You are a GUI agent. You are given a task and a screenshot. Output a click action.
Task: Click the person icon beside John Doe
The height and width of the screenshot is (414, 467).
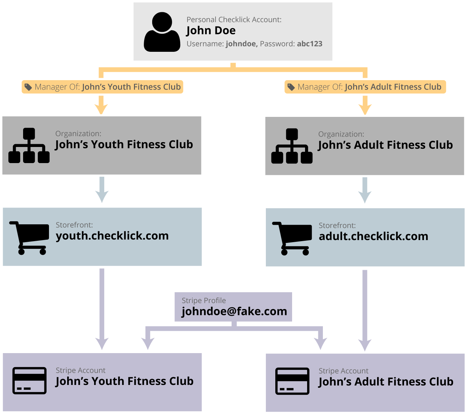[162, 32]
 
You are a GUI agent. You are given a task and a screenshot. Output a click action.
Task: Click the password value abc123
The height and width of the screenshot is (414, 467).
[310, 44]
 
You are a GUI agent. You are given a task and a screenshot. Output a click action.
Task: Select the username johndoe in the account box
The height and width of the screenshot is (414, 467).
[241, 44]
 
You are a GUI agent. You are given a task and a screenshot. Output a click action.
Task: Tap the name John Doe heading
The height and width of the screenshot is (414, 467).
[211, 30]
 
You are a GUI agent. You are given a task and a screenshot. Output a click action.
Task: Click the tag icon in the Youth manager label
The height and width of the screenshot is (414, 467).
[28, 87]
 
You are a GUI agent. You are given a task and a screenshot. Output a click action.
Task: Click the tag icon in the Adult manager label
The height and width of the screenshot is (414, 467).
[291, 87]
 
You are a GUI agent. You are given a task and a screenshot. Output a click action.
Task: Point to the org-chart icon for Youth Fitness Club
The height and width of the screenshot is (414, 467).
[29, 146]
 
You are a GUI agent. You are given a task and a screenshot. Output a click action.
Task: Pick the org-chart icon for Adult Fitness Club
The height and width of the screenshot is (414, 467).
[292, 146]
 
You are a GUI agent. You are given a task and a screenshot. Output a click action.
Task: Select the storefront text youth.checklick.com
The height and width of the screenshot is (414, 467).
[112, 236]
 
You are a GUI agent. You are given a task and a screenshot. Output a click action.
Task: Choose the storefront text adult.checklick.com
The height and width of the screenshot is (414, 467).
[373, 237]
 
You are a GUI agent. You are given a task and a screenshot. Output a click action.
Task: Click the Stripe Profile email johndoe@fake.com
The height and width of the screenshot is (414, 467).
[234, 311]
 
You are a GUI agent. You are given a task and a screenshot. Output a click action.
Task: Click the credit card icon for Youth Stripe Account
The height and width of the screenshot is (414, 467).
[29, 381]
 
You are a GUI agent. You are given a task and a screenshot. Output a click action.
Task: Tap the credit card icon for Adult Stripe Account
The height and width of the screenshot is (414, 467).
[292, 381]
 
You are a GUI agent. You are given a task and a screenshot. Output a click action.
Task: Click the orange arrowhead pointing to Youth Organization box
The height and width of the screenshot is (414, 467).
[101, 109]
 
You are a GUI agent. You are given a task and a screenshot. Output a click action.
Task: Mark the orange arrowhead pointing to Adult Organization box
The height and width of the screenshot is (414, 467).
[365, 109]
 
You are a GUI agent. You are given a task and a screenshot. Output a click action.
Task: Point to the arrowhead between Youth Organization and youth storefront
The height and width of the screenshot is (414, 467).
[102, 196]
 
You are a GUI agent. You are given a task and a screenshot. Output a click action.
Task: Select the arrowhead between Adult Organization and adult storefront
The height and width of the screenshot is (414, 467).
[365, 197]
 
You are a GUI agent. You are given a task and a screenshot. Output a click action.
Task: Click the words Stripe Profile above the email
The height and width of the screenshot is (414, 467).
[204, 301]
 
